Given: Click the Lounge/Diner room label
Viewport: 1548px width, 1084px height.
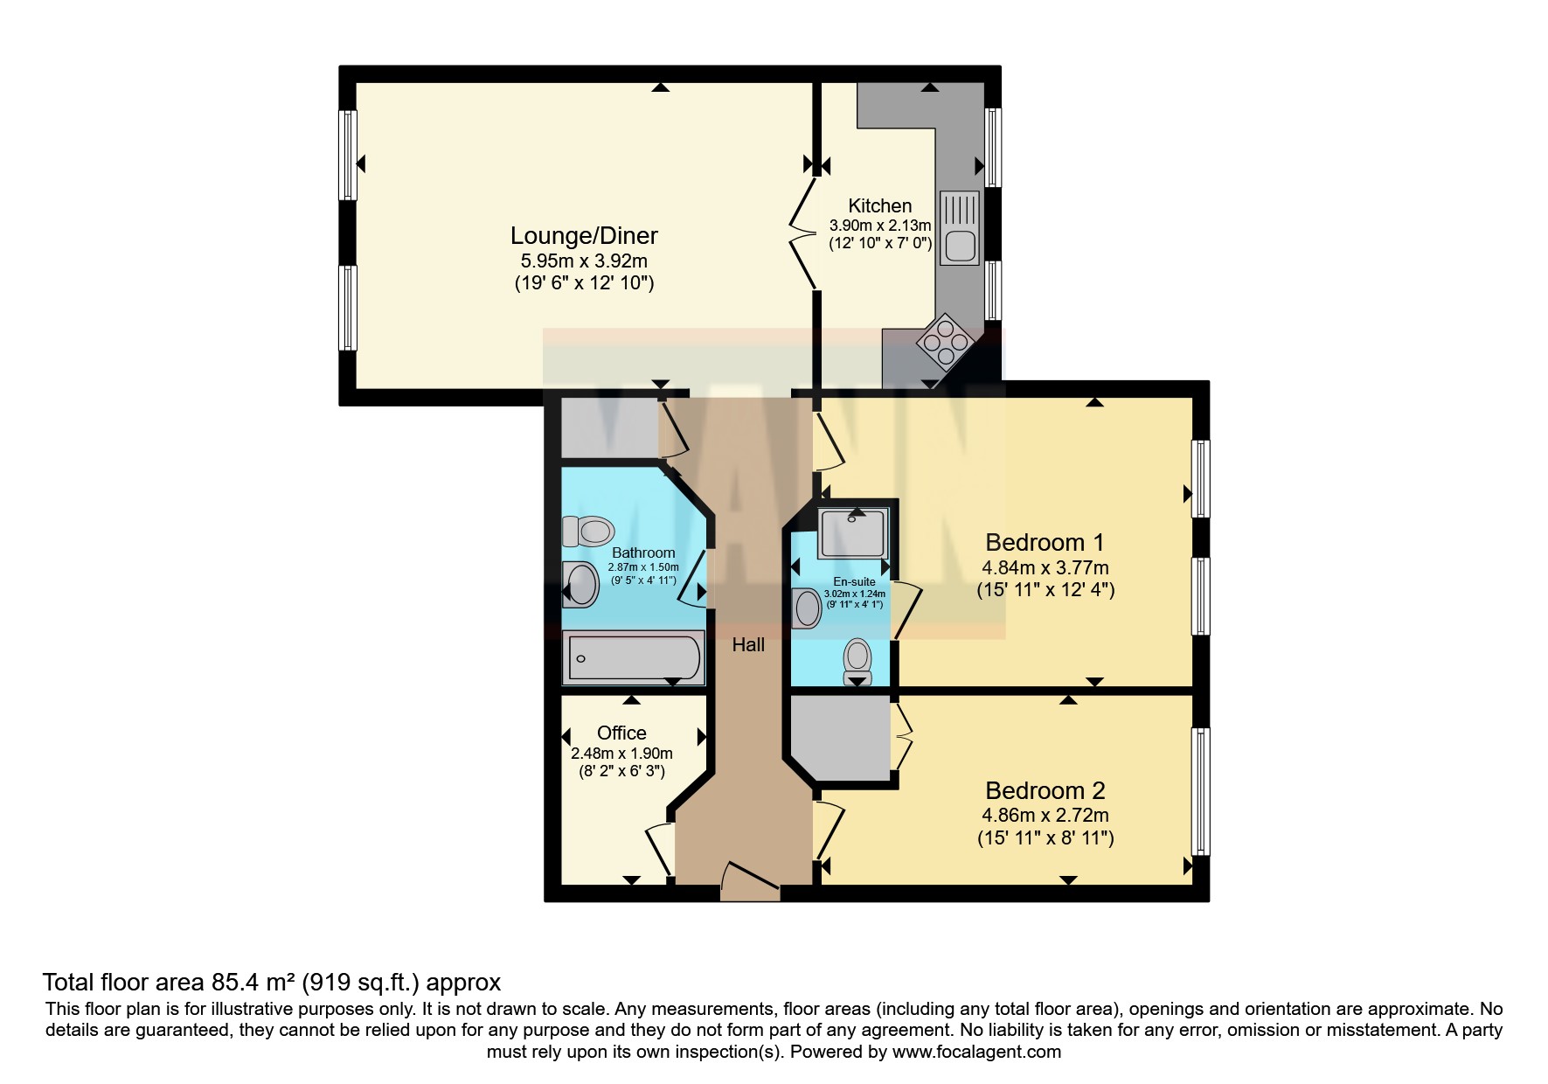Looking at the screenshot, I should [584, 236].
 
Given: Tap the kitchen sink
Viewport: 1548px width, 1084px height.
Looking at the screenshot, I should [960, 228].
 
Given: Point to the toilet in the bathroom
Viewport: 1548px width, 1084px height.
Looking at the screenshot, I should [587, 531].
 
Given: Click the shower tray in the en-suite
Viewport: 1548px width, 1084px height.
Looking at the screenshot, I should [853, 533].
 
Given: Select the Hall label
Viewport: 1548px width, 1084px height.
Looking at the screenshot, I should [748, 645].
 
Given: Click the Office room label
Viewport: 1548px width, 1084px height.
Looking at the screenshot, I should [621, 733].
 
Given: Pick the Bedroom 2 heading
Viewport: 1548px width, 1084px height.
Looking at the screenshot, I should [1045, 790].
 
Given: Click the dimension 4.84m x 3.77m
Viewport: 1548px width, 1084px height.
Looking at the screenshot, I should [1045, 567].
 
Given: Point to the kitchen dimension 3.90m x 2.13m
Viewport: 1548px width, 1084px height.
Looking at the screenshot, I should [879, 226].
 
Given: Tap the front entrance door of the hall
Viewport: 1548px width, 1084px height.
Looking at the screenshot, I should [750, 881].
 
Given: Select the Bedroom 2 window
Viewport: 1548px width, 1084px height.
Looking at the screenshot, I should [1202, 791].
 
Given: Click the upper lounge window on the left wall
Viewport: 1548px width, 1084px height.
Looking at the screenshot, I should [348, 156].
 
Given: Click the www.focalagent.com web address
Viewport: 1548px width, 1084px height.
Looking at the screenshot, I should [976, 1052].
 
